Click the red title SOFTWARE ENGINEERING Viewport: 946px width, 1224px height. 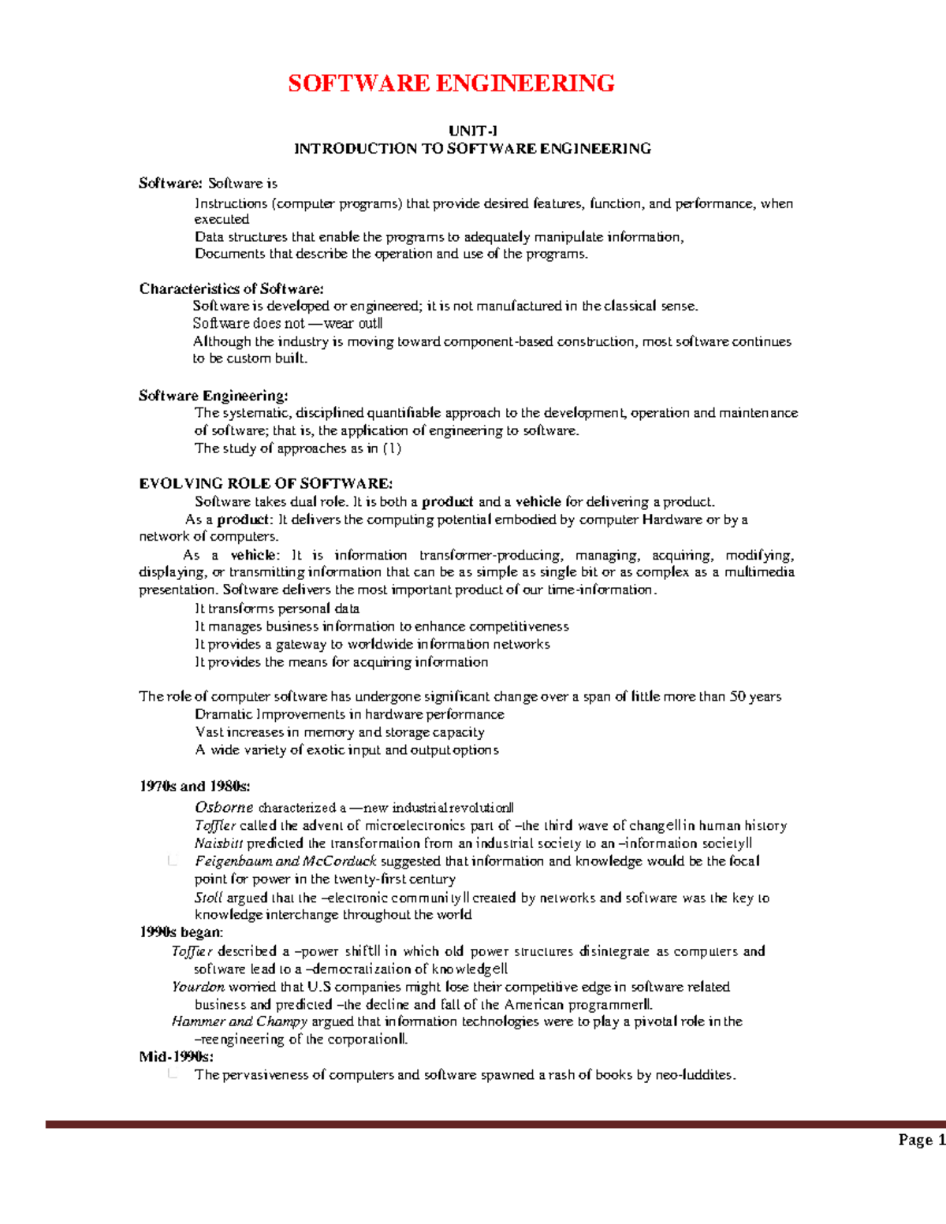click(451, 84)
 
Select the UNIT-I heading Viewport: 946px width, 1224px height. click(472, 131)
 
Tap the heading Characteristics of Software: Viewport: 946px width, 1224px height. click(231, 288)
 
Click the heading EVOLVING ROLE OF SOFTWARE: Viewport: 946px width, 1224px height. click(265, 484)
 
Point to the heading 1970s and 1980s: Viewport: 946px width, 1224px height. click(195, 786)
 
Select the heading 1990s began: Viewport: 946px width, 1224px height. click(181, 932)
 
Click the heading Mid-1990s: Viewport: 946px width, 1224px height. click(176, 1057)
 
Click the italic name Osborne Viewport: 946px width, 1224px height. click(224, 807)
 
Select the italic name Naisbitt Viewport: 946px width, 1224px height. click(218, 843)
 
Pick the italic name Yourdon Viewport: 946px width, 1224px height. click(198, 987)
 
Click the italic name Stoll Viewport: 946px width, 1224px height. click(208, 898)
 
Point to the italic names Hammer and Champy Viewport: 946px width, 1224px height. click(239, 1021)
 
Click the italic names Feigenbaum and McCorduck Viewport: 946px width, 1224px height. click(285, 861)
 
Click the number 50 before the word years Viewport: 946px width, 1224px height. click(737, 697)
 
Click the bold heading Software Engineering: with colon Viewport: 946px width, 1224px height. click(213, 396)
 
